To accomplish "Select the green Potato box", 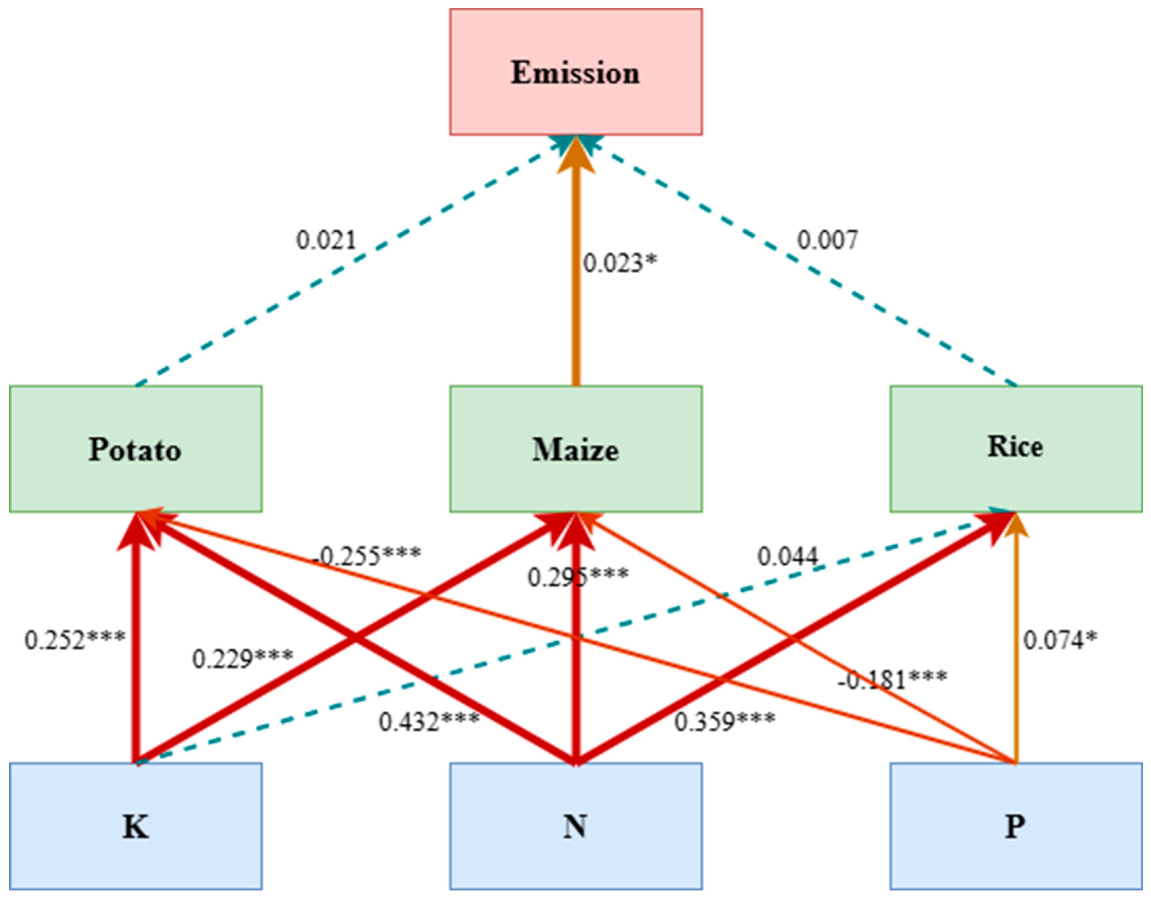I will (135, 449).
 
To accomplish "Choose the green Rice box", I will (1016, 449).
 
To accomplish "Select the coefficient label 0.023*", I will (620, 263).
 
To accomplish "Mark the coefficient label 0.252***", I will (75, 640).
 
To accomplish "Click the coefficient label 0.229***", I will (242, 658).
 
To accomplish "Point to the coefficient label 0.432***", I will (429, 721).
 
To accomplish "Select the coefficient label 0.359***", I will (724, 721).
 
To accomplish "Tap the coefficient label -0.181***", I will (893, 679).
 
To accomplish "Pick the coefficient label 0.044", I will (788, 555).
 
